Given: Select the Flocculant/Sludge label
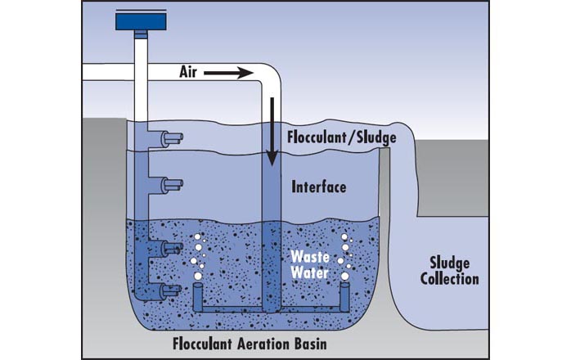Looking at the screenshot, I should [x=342, y=137].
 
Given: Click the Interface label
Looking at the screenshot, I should [x=319, y=187].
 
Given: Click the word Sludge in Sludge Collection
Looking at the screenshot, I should [x=449, y=263].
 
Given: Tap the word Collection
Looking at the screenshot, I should [x=449, y=279].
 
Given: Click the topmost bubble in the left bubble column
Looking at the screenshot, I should [x=198, y=240].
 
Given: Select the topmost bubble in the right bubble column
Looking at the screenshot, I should [x=344, y=238].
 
